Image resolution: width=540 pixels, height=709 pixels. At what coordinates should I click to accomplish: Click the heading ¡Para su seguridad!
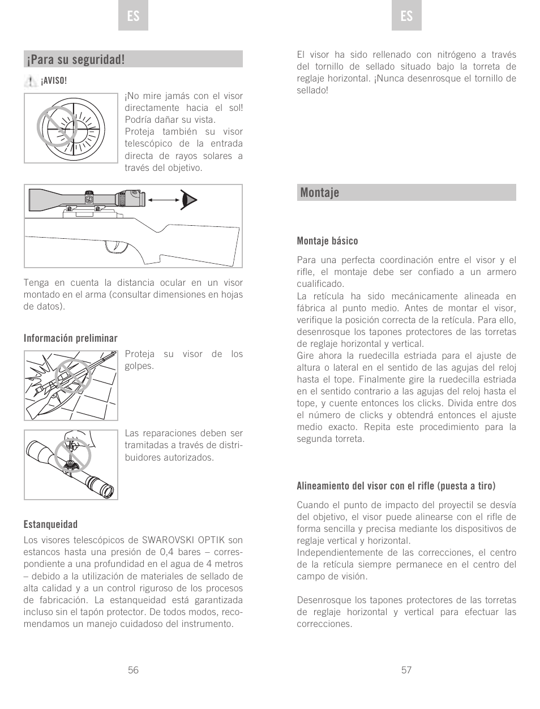coord(75,59)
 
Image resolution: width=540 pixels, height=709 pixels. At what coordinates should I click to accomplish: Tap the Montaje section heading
coord(320,192)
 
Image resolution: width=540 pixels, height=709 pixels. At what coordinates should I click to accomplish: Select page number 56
coord(133,670)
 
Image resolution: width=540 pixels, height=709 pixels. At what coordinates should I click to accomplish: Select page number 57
coord(406,670)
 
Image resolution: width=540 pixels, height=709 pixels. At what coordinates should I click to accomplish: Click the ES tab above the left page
coord(133,16)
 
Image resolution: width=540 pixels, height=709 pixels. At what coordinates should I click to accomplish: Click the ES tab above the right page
coord(406,16)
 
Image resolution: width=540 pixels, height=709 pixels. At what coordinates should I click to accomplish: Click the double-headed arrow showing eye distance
coord(164,200)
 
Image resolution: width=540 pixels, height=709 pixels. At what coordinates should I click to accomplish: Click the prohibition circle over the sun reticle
coord(57,127)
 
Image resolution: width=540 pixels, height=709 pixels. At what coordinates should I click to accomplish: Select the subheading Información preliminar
coord(71,338)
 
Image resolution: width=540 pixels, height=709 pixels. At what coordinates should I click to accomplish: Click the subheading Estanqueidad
coord(50,525)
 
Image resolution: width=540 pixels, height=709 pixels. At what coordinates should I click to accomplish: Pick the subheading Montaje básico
coord(327,241)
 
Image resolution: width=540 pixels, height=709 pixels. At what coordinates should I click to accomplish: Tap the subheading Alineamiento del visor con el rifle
coord(396,486)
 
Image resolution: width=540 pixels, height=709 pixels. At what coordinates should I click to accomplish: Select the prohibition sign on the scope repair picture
coord(73,454)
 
